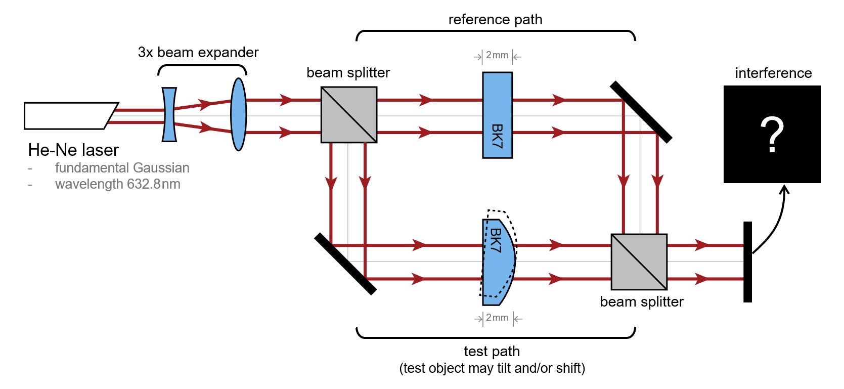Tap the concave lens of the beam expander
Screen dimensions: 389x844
point(169,115)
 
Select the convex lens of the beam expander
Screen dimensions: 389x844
point(239,114)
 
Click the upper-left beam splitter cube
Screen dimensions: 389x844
point(349,115)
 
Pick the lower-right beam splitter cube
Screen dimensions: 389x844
point(639,262)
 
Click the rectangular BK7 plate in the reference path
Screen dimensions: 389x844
point(498,115)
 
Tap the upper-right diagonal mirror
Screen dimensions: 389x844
point(641,112)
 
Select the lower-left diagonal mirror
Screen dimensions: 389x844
point(345,264)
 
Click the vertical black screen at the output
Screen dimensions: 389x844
point(747,262)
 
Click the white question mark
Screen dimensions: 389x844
point(772,135)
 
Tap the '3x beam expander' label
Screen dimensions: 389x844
point(198,53)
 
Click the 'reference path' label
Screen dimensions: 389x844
point(495,20)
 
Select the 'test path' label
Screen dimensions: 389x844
point(492,351)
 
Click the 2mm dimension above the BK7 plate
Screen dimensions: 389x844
point(497,56)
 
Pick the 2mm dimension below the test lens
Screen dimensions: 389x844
point(498,318)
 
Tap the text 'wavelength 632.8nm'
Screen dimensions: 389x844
point(117,184)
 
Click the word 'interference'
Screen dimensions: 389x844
point(773,73)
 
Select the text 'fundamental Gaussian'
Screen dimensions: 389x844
point(122,168)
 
